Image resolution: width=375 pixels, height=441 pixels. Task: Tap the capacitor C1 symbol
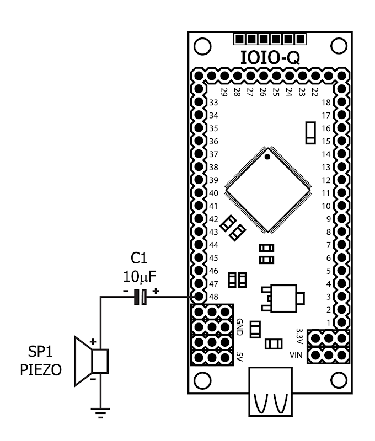[x=141, y=298]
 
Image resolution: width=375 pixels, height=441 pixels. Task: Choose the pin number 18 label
[x=326, y=103]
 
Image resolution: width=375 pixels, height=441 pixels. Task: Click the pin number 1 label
[x=328, y=322]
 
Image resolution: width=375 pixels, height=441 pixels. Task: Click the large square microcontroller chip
[x=268, y=189]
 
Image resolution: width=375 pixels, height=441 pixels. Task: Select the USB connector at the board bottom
[x=270, y=394]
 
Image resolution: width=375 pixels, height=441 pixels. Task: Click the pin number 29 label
[x=224, y=92]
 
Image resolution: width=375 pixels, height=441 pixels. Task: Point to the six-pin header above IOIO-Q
[x=270, y=39]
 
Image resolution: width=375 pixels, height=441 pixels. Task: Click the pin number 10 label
[x=326, y=206]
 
